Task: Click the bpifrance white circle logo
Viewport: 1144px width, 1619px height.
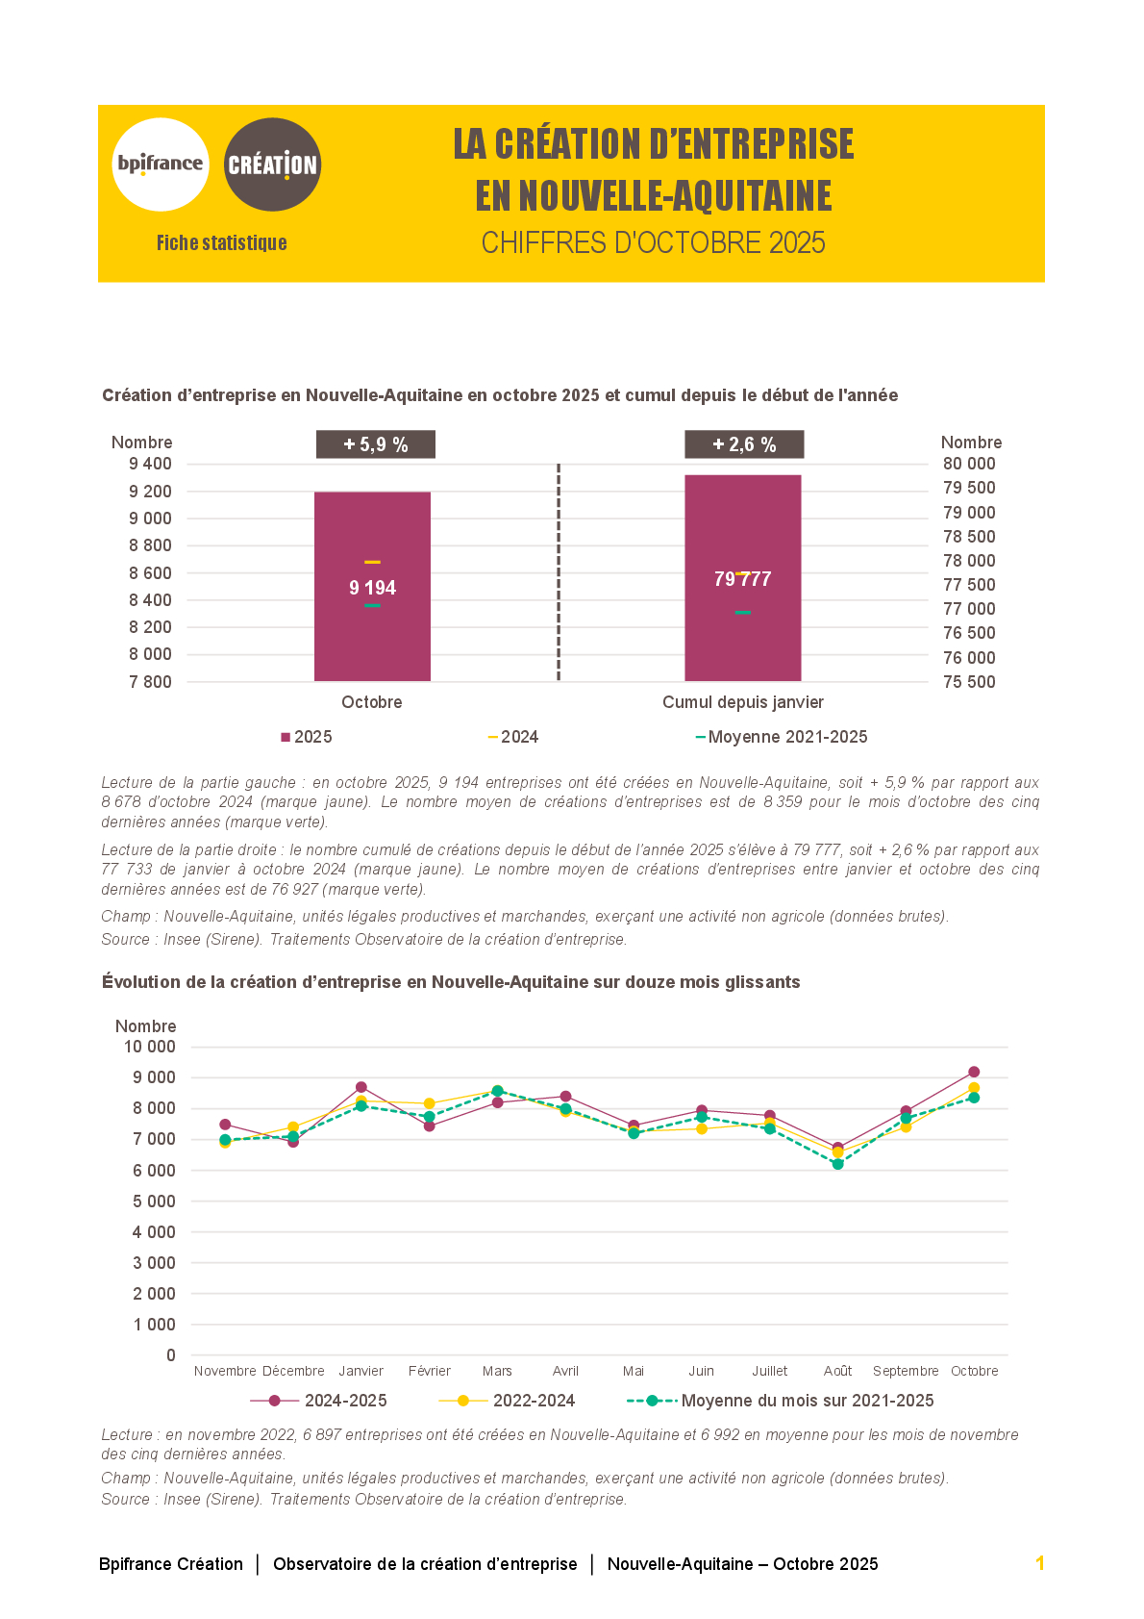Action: (161, 164)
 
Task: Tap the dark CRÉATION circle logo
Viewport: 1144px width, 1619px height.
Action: (272, 164)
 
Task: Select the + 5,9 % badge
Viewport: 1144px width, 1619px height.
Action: (376, 444)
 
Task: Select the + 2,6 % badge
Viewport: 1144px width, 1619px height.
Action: (744, 444)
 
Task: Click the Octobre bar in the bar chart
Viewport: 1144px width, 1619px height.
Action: (372, 635)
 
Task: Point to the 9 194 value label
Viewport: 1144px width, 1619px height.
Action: (372, 588)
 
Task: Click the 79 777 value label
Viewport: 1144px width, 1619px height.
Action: (742, 579)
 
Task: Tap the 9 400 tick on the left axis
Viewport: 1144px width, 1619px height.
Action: (151, 464)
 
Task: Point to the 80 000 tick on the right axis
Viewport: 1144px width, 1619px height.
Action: (969, 464)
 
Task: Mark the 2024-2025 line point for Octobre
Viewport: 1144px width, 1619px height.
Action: (974, 1072)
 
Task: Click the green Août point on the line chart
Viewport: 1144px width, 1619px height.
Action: (837, 1164)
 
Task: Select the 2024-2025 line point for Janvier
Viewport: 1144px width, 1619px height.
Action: (361, 1087)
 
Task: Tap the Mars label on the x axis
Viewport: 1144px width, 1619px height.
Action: (497, 1371)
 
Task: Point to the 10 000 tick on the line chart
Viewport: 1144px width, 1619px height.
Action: (150, 1047)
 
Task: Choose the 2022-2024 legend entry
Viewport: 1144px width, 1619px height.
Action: (507, 1401)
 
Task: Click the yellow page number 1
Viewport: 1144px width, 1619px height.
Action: (1039, 1563)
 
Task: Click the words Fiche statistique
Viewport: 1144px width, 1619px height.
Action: (222, 243)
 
